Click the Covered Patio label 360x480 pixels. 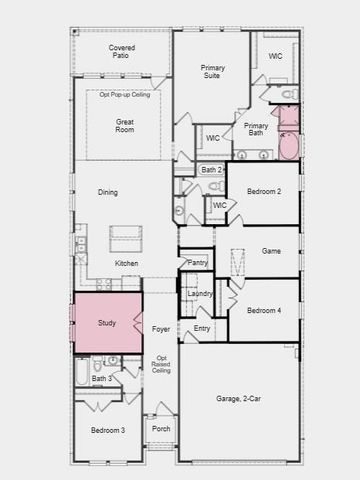122,52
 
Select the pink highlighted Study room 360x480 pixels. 107,323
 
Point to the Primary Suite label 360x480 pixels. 213,73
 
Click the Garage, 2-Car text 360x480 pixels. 238,399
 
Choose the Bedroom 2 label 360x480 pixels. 264,191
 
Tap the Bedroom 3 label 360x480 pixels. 108,430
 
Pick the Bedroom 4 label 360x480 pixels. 264,310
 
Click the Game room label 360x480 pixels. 270,252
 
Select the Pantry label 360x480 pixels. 198,263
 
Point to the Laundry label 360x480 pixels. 200,293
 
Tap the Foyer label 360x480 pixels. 161,328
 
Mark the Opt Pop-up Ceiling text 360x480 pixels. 125,95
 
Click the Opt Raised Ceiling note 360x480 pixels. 161,365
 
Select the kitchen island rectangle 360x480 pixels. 126,238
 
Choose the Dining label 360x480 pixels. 108,192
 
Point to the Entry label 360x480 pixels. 202,328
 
